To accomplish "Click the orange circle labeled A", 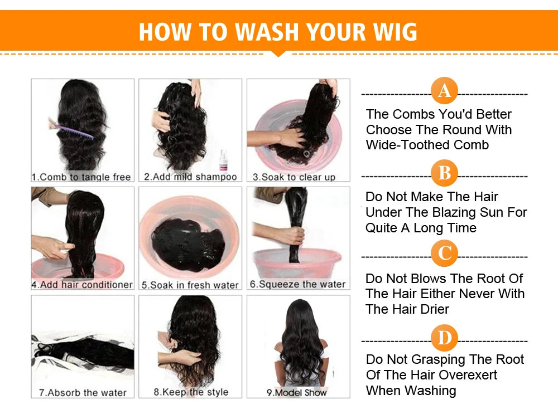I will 444,91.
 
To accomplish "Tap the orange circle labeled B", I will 444,173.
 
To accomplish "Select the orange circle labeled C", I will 444,254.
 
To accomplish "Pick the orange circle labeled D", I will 444,338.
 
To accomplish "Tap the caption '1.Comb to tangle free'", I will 81,177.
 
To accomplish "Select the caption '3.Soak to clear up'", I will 294,177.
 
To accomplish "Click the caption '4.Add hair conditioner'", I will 82,285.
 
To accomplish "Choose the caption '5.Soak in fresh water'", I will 189,285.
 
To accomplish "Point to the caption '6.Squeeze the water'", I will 297,284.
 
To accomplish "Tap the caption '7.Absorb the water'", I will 83,392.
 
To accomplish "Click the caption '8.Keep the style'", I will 191,392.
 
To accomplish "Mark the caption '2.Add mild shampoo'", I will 190,177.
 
